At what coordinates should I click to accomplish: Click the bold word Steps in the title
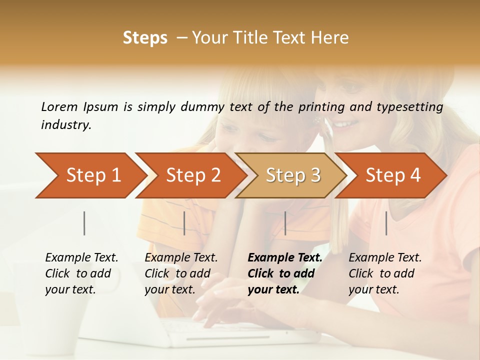point(145,38)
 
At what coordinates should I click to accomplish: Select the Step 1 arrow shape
point(90,175)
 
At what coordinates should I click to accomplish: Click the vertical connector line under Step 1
point(84,223)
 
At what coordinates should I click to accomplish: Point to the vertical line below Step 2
point(184,223)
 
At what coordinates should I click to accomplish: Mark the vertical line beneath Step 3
point(285,223)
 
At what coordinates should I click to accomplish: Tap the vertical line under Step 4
point(386,223)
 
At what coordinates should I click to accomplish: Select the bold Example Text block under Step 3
point(285,273)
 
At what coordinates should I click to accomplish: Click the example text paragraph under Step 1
point(81,273)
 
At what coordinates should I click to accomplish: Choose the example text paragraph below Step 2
point(181,273)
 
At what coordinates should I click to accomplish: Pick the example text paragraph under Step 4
point(385,273)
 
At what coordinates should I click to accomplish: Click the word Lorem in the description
point(59,106)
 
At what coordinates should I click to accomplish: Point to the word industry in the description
point(66,125)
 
